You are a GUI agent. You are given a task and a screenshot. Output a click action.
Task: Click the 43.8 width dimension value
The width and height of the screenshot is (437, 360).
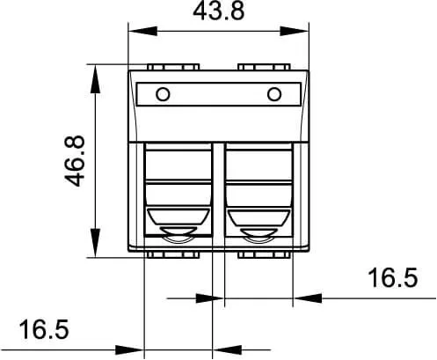[x=218, y=11]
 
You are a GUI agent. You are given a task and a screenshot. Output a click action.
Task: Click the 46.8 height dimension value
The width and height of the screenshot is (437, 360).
[x=75, y=161]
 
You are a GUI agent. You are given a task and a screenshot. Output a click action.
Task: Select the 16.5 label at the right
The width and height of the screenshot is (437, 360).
[x=392, y=277]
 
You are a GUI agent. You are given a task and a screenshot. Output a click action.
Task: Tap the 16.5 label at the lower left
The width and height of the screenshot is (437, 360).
[x=44, y=329]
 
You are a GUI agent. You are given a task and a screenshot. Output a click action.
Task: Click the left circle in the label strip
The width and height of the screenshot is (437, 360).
[x=163, y=94]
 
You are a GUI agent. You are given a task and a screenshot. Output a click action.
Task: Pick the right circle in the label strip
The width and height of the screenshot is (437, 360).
[x=274, y=94]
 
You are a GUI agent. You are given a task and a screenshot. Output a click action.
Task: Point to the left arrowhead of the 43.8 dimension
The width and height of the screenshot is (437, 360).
[x=143, y=31]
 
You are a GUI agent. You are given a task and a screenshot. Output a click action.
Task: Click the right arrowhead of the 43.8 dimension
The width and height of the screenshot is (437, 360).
[x=295, y=31]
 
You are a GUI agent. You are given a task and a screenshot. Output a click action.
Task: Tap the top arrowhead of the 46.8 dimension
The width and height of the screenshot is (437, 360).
[x=95, y=79]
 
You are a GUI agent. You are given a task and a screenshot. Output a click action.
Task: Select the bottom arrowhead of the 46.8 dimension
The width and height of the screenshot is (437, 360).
[x=95, y=243]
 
